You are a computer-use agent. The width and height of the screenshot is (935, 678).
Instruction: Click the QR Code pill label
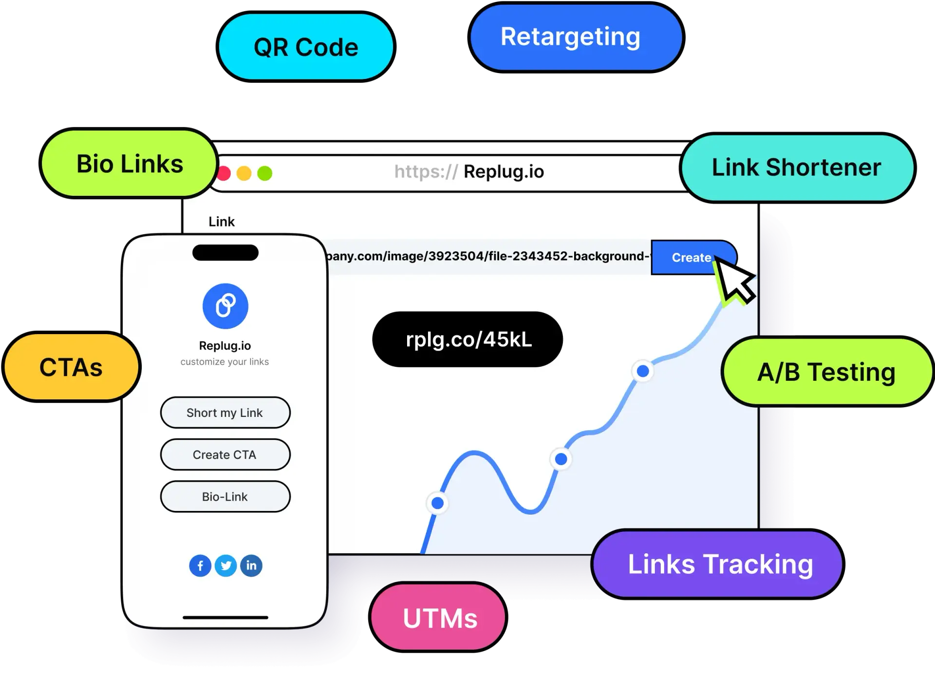[306, 47]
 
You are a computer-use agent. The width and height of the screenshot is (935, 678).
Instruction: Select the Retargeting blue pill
[576, 37]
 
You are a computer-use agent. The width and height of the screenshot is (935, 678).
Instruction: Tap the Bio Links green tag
[130, 164]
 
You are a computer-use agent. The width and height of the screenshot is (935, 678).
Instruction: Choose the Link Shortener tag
[796, 168]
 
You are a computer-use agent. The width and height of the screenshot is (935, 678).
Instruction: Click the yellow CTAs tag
[72, 367]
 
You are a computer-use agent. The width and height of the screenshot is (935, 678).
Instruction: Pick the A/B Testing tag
[826, 372]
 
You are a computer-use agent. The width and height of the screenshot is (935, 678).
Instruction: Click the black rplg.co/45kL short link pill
[467, 339]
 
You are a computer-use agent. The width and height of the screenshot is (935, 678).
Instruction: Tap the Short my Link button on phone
[225, 413]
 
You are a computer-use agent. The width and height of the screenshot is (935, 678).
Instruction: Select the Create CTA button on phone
[225, 454]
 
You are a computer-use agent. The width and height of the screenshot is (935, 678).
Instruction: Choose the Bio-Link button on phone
[225, 496]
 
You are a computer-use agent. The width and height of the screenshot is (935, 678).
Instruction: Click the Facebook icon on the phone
[200, 565]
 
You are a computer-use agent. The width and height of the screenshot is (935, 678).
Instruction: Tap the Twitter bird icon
[225, 565]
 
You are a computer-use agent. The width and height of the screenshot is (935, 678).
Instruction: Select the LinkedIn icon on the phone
[251, 565]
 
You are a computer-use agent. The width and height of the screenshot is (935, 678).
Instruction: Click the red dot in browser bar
[224, 173]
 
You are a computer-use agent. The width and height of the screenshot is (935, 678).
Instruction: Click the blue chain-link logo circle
[225, 306]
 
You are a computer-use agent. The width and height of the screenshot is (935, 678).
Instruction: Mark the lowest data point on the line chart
[437, 503]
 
